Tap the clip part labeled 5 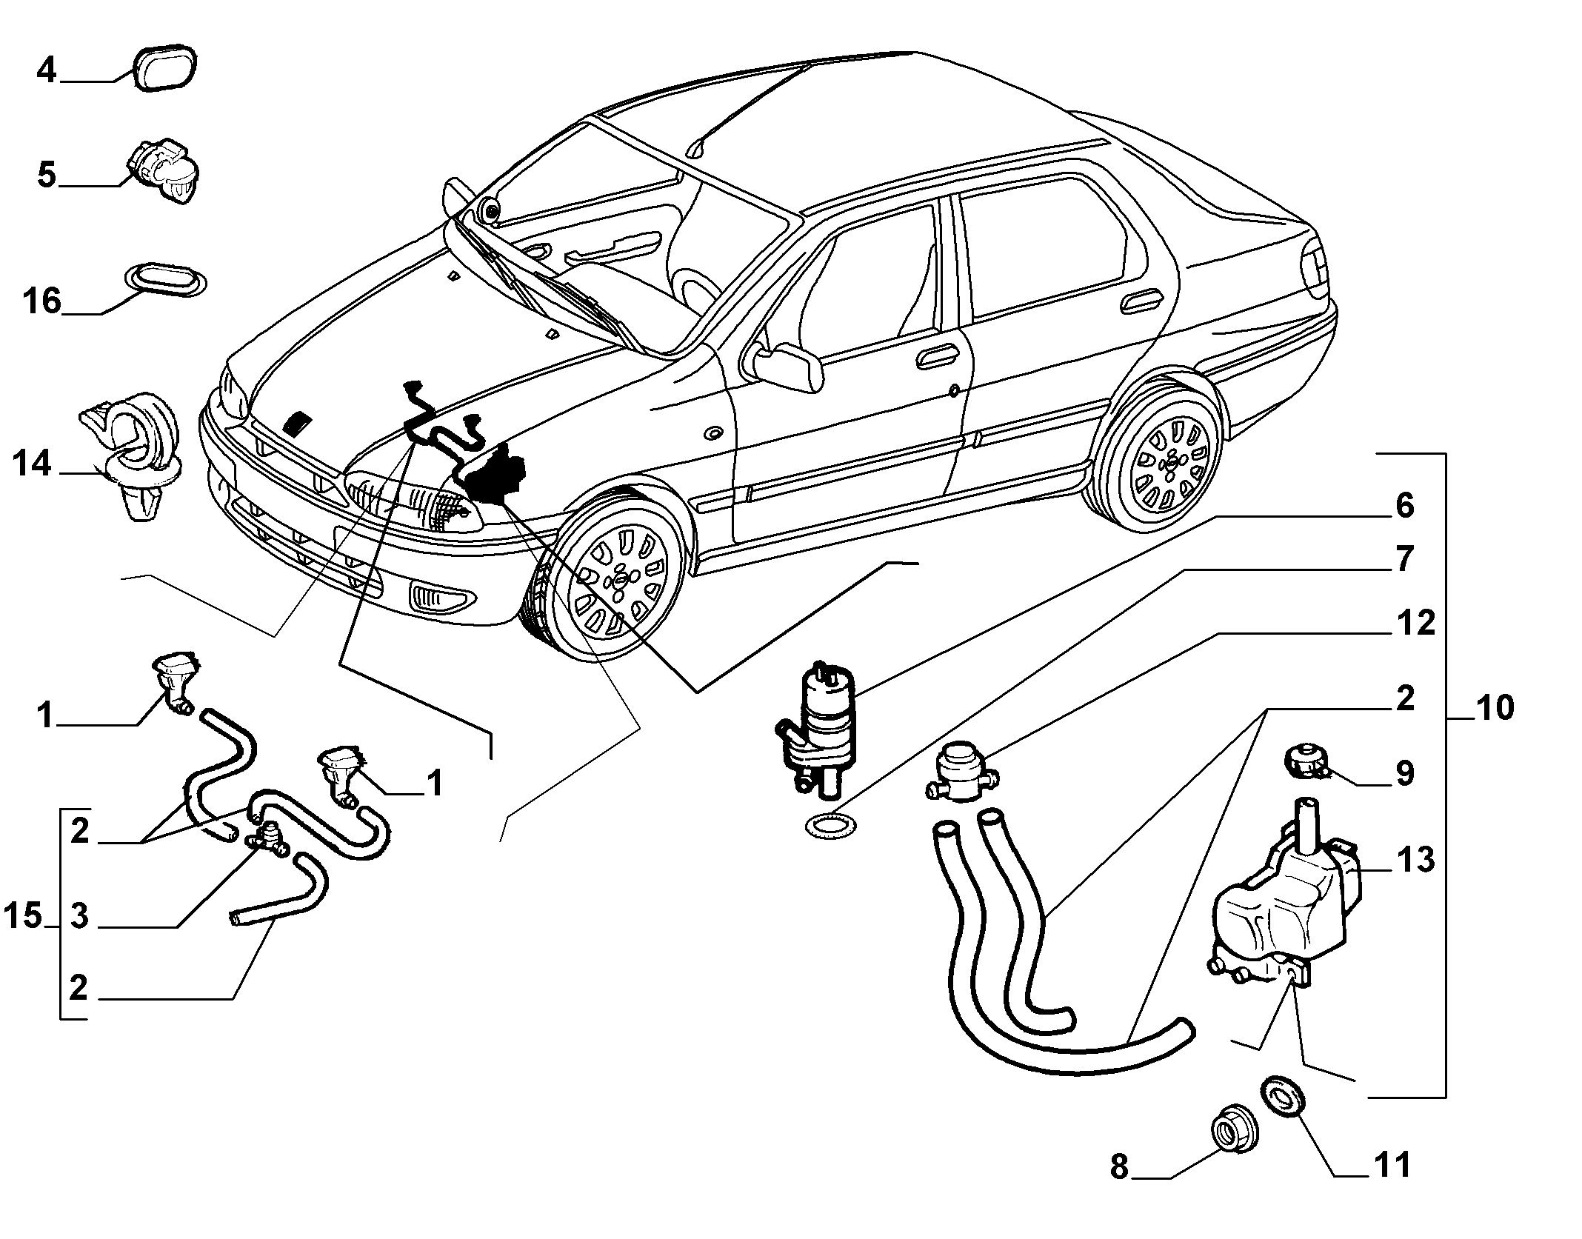[163, 170]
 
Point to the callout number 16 [42, 301]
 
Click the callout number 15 [23, 916]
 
